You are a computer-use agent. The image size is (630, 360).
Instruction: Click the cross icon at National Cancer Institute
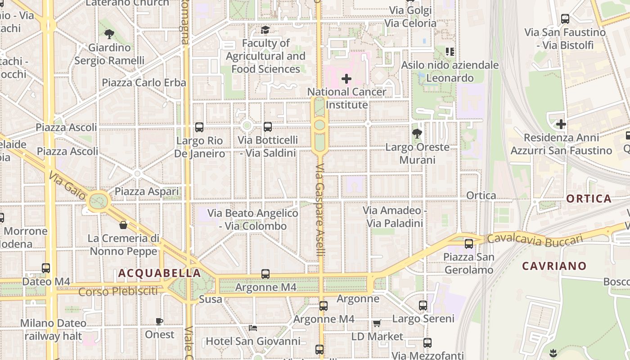click(346, 79)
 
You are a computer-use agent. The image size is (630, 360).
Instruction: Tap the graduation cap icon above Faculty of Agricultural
click(265, 30)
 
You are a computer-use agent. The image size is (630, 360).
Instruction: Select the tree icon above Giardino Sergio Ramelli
click(109, 34)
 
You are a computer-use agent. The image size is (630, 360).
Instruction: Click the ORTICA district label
click(589, 198)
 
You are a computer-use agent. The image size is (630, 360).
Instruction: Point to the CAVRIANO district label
click(554, 266)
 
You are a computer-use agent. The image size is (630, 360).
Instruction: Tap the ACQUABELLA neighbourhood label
click(159, 273)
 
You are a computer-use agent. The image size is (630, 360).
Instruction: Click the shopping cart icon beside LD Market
click(377, 323)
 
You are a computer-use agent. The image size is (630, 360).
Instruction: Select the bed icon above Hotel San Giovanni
click(253, 328)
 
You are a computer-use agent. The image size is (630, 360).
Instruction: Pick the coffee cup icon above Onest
click(159, 321)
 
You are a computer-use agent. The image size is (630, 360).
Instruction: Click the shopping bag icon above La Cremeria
click(123, 225)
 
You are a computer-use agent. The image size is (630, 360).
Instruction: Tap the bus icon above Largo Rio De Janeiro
click(199, 127)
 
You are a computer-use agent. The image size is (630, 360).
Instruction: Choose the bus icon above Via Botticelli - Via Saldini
click(268, 127)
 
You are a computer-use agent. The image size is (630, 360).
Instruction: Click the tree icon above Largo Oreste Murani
click(417, 133)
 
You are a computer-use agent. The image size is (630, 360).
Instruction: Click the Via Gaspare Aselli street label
click(320, 210)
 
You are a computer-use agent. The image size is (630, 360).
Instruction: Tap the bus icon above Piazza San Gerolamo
click(469, 244)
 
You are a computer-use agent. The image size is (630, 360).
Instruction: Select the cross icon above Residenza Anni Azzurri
click(561, 124)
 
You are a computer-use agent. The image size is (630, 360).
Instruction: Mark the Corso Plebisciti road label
click(118, 292)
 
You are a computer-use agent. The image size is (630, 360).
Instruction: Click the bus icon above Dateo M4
click(46, 268)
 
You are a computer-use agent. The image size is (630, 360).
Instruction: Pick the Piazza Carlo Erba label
click(144, 83)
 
